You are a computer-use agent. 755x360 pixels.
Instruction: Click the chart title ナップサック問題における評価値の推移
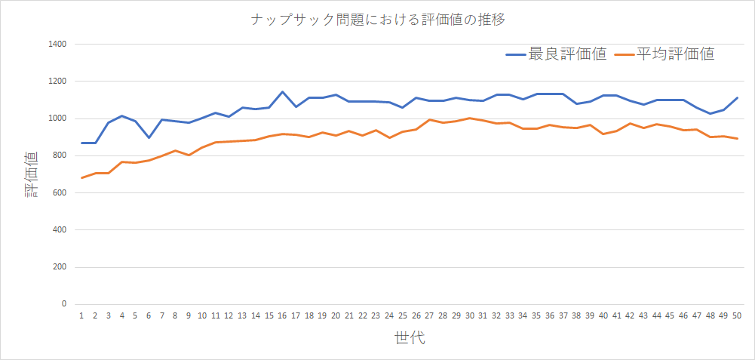point(377,20)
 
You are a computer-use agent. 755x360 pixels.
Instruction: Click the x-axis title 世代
point(410,337)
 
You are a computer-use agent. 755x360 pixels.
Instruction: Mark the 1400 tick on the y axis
point(59,45)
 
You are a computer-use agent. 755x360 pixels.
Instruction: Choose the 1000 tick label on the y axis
point(59,118)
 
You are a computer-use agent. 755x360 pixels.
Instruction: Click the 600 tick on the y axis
point(61,193)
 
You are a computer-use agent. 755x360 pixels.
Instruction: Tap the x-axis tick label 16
point(282,315)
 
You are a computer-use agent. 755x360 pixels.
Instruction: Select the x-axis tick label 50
point(737,315)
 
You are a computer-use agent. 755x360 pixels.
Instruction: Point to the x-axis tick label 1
point(81,315)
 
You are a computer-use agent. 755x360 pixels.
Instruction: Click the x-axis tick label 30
point(469,315)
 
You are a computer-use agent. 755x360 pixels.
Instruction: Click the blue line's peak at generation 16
point(282,92)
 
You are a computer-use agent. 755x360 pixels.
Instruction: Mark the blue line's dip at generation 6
point(149,137)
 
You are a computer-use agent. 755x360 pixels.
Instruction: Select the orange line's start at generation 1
point(81,178)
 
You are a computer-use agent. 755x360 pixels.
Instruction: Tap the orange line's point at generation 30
point(469,118)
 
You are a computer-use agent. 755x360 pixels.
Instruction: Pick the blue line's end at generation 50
point(737,98)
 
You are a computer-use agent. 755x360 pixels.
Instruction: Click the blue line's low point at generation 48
point(710,114)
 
